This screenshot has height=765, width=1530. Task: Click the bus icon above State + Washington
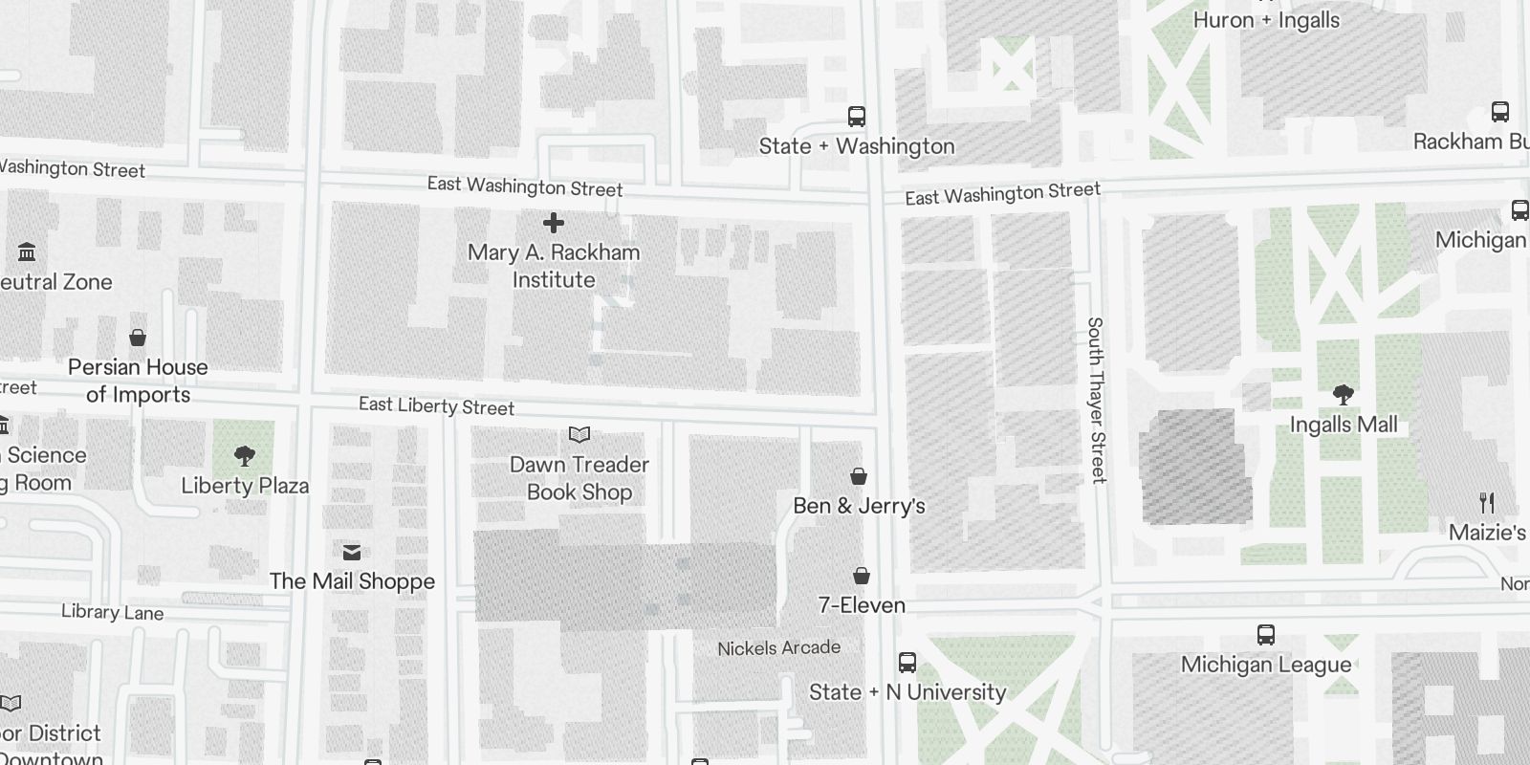tap(857, 117)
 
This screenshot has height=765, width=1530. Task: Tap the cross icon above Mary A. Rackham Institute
tap(553, 224)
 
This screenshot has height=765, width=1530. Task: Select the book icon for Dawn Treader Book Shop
tap(579, 435)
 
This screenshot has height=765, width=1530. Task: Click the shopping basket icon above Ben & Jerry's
tap(859, 476)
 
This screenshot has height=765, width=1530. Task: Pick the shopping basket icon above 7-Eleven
tap(861, 576)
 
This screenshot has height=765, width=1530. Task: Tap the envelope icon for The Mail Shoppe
tap(352, 552)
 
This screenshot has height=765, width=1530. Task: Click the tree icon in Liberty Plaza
tap(245, 456)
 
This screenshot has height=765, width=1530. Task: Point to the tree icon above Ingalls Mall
tap(1343, 394)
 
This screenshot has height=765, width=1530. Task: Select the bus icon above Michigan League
tap(1266, 635)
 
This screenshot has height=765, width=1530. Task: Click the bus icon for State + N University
tap(907, 662)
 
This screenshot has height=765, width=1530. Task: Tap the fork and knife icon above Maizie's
tap(1487, 503)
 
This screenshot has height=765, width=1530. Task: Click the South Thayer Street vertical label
tap(1096, 400)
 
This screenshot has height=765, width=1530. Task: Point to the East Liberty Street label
tap(436, 406)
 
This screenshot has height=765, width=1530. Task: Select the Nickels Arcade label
tap(778, 648)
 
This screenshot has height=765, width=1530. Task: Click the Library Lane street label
tap(112, 612)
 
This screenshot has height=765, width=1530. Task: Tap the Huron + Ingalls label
tap(1266, 20)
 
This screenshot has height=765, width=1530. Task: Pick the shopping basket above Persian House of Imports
tap(138, 338)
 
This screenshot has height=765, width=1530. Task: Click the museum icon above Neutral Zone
tap(27, 252)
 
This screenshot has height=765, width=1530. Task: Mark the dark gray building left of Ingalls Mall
tap(1195, 467)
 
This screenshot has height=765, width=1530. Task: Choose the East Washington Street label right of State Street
tap(1002, 194)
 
